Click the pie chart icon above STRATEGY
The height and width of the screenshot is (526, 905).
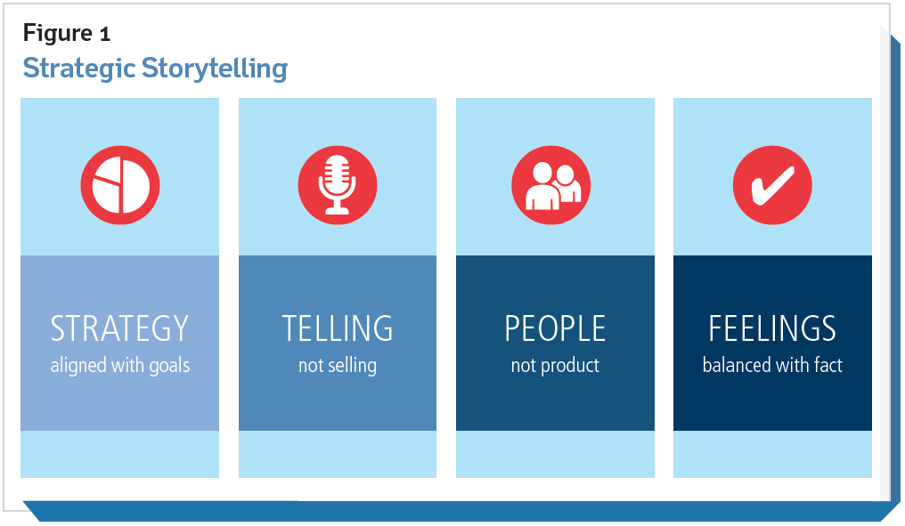pyautogui.click(x=120, y=185)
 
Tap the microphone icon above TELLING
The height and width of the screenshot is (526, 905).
pyautogui.click(x=338, y=185)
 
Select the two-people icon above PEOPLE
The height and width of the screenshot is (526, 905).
pyautogui.click(x=551, y=185)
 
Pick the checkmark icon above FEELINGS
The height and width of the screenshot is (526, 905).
pyautogui.click(x=772, y=185)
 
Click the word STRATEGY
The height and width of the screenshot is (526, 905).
pyautogui.click(x=119, y=328)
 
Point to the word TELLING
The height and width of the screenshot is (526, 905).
pyautogui.click(x=338, y=328)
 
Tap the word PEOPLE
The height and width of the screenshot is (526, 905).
pyautogui.click(x=555, y=328)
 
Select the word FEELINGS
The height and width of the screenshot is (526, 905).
pyautogui.click(x=772, y=328)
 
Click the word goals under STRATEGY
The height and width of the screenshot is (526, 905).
pyautogui.click(x=169, y=366)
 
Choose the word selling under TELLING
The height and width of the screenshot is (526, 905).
pyautogui.click(x=350, y=366)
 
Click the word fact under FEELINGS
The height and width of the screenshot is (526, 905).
pyautogui.click(x=828, y=365)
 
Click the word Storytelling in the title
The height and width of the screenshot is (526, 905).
pyautogui.click(x=215, y=69)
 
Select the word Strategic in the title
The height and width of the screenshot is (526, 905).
pyautogui.click(x=79, y=69)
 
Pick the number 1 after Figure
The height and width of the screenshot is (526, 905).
pyautogui.click(x=104, y=34)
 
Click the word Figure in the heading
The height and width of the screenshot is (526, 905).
pyautogui.click(x=58, y=34)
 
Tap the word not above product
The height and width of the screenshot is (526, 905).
pyautogui.click(x=522, y=366)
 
